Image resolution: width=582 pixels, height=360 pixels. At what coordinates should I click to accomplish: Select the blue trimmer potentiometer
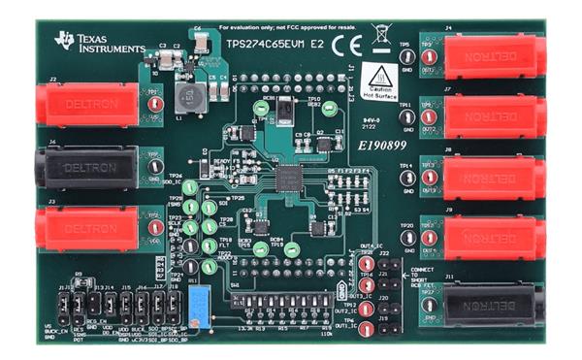click(x=200, y=301)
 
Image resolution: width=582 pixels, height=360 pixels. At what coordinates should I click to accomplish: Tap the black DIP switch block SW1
click(x=286, y=310)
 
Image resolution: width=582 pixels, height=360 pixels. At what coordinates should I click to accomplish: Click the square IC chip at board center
click(x=288, y=179)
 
